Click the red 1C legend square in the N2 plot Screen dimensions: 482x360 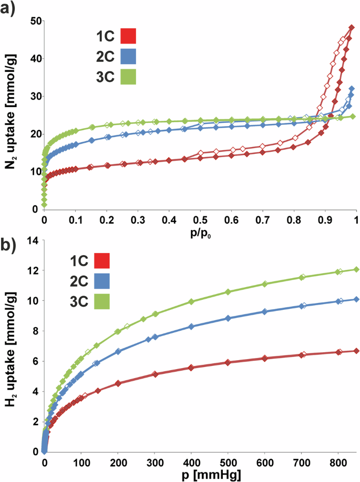pyautogui.click(x=128, y=36)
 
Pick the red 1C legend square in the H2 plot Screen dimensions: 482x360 pyautogui.click(x=102, y=261)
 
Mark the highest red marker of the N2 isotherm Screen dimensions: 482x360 pyautogui.click(x=352, y=27)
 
